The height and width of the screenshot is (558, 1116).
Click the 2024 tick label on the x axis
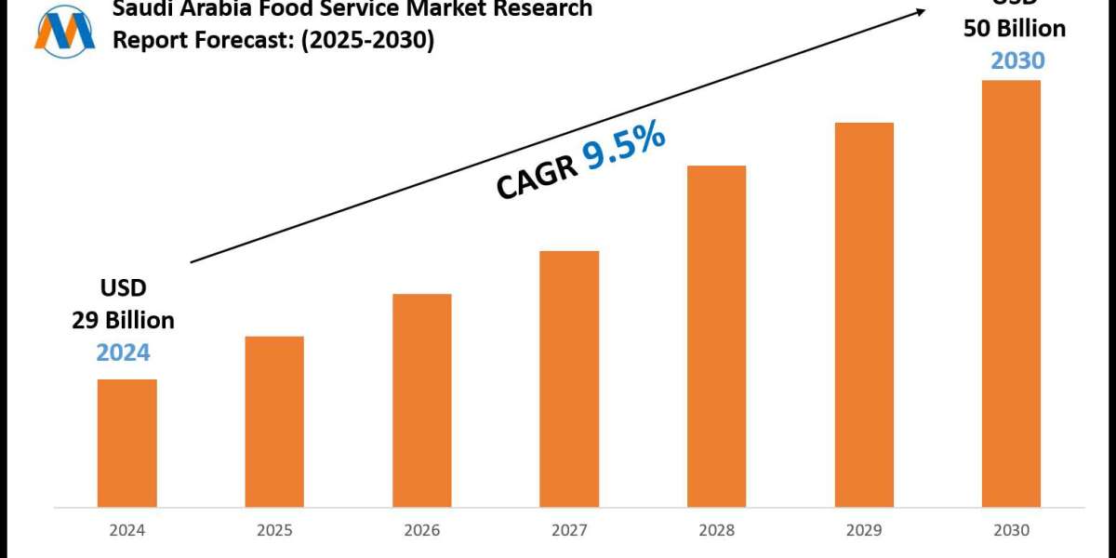127,531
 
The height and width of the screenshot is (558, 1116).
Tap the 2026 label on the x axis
421,531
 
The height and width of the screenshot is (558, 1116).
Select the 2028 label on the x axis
716,531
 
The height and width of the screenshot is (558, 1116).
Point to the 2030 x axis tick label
1011,531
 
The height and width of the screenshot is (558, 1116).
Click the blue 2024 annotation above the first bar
123,352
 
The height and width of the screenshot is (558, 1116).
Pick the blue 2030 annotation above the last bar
1017,60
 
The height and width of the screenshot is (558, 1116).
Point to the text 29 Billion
123,321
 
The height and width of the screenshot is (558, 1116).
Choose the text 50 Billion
1015,29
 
